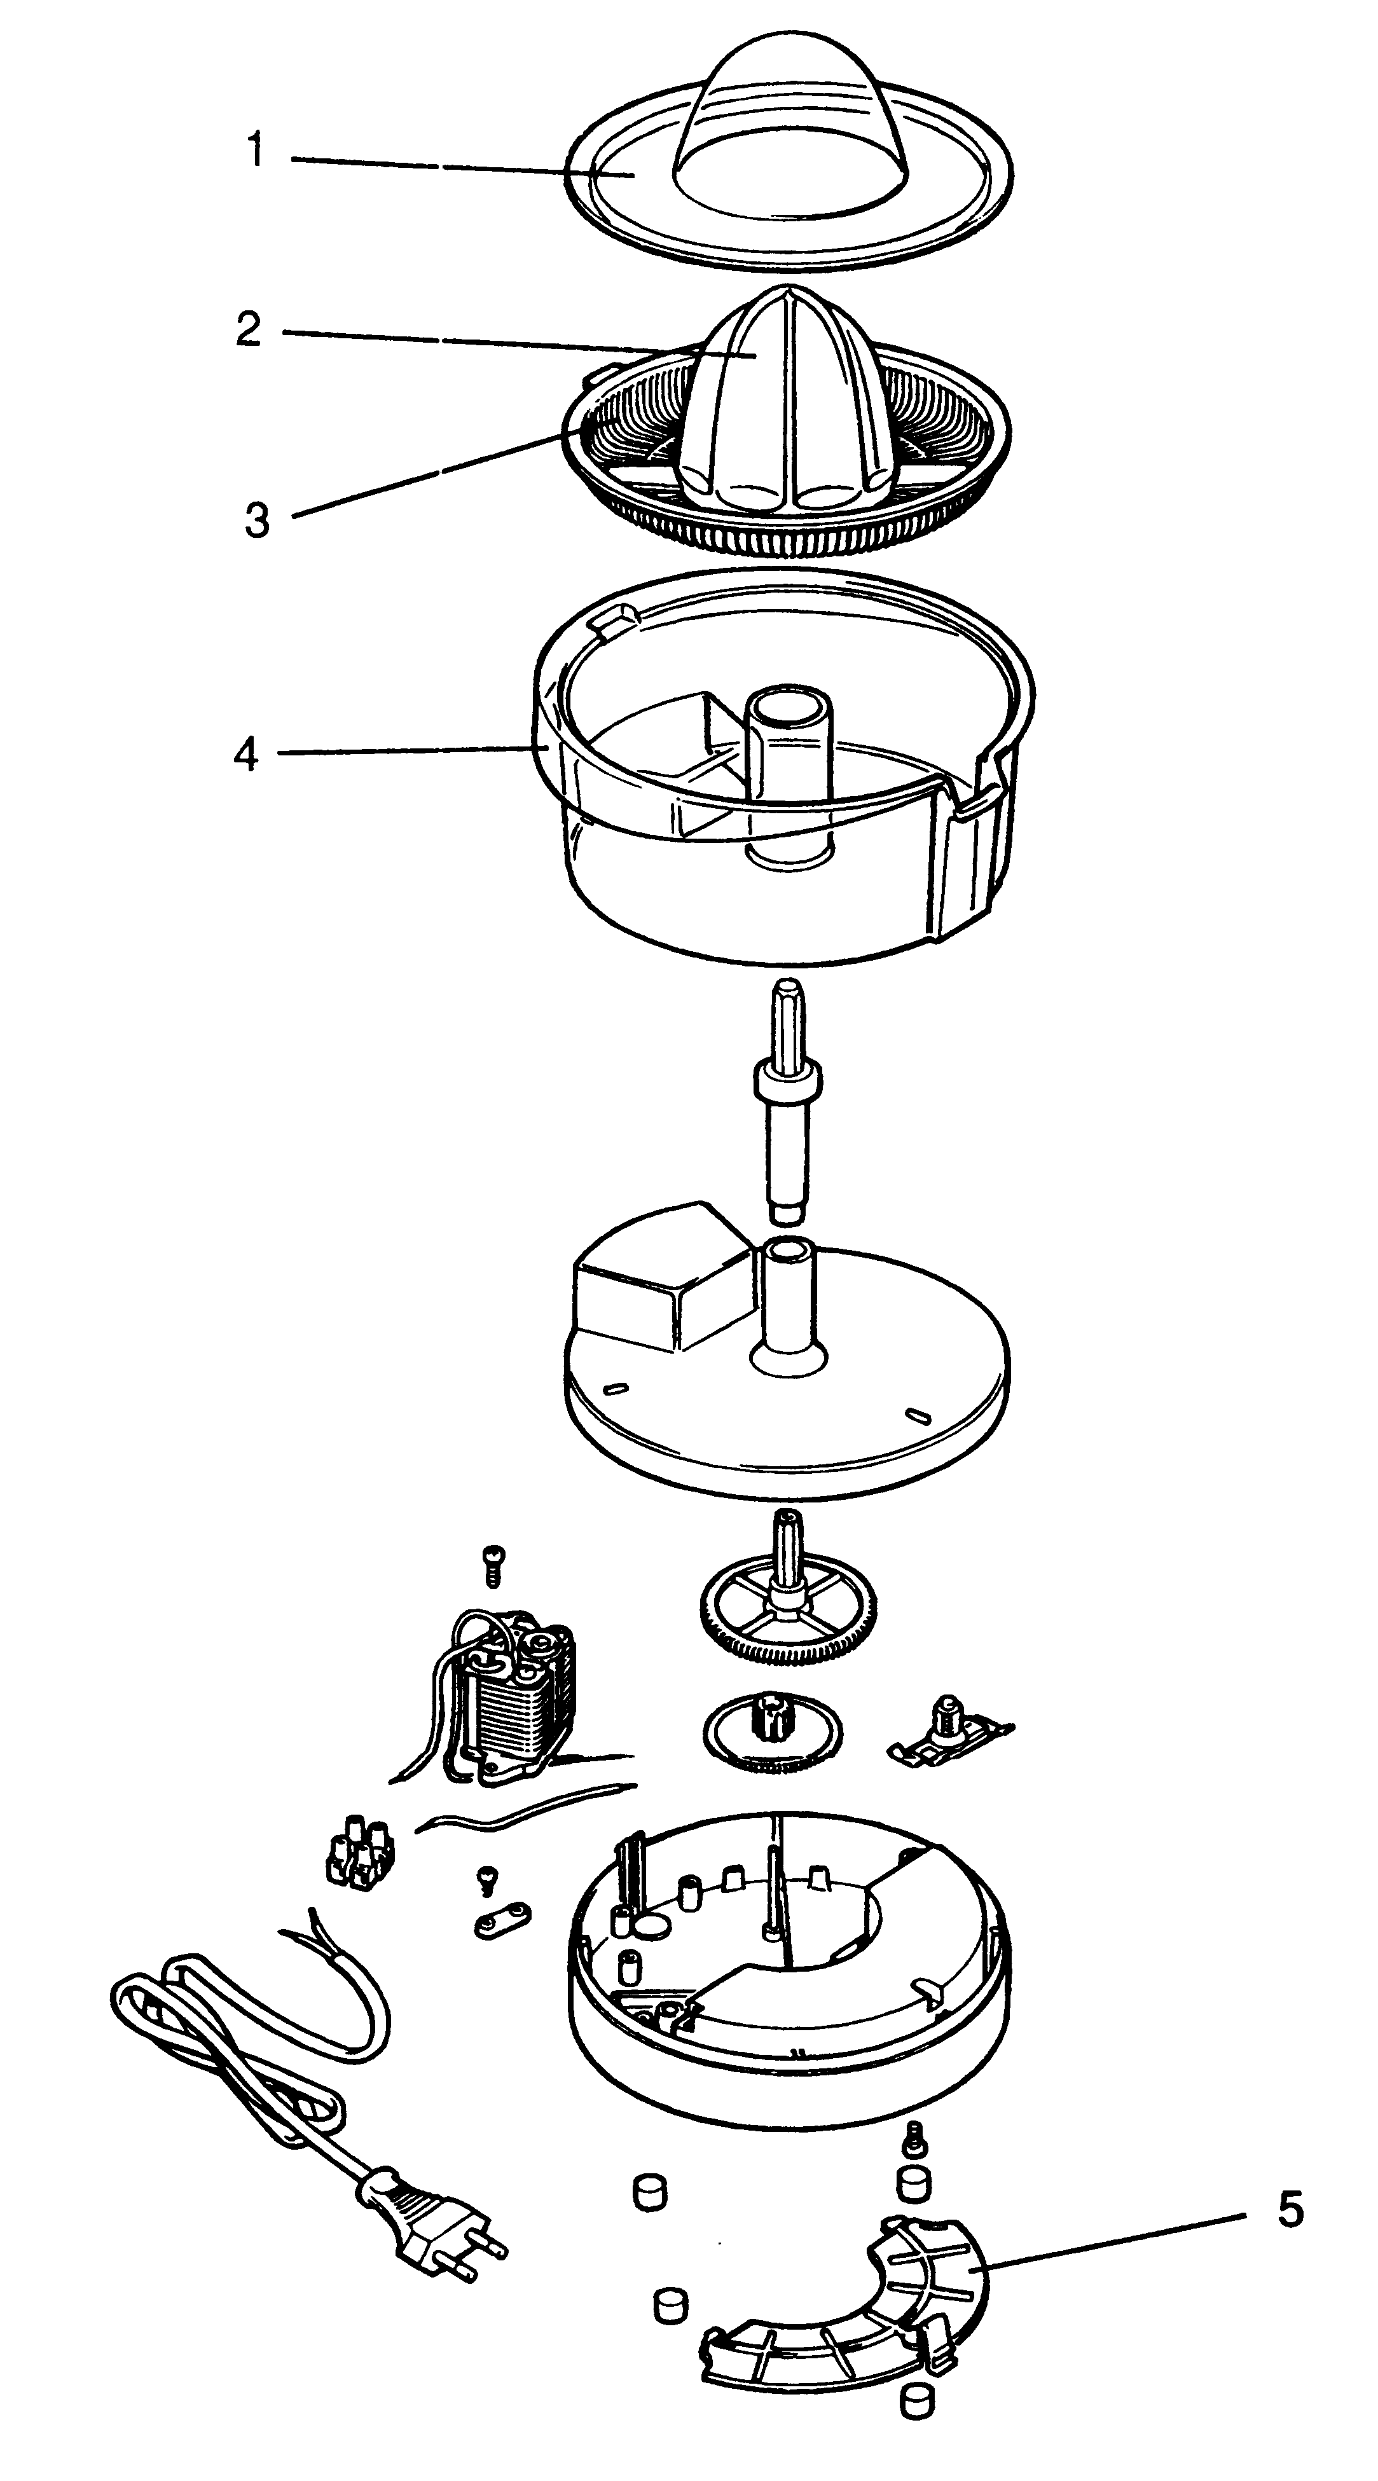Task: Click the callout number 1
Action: [x=254, y=151]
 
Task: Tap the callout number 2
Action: [x=249, y=329]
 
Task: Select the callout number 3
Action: [x=256, y=520]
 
